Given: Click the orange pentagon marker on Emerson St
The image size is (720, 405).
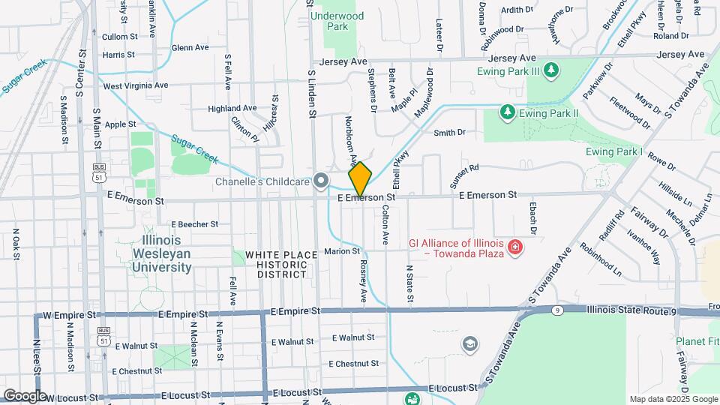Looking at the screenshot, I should click(x=360, y=179).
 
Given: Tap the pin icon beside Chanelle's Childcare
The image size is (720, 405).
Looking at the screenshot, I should click(x=322, y=180).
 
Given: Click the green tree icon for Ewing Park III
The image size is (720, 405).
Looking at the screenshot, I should click(x=552, y=70).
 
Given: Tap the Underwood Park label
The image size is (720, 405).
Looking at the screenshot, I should click(x=338, y=21).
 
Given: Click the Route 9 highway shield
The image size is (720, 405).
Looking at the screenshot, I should click(x=556, y=309).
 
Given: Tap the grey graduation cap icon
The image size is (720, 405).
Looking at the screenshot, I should click(x=470, y=343).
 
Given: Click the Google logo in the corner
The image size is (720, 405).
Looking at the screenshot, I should click(x=24, y=395).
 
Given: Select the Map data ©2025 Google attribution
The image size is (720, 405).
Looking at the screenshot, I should click(x=673, y=399).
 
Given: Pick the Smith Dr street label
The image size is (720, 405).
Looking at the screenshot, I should click(x=450, y=133).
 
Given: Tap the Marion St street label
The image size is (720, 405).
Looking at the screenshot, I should click(x=343, y=251).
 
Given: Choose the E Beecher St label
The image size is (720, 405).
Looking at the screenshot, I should click(x=194, y=223).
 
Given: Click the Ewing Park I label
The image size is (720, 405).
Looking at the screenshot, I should click(x=614, y=151).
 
